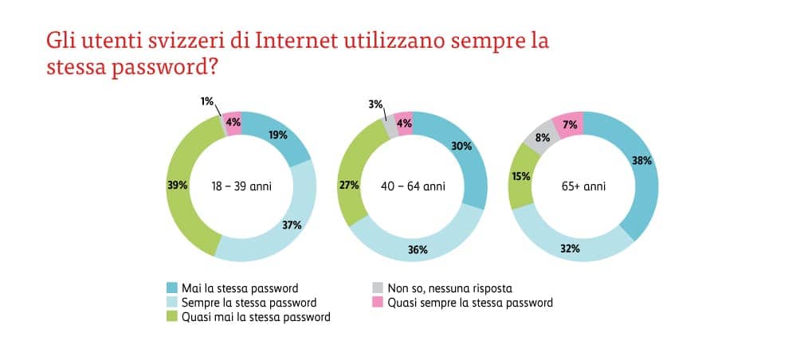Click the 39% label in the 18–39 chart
(178, 186)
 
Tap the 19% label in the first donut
(279, 136)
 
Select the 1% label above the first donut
(206, 102)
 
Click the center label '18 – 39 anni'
(241, 186)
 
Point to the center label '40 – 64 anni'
(412, 186)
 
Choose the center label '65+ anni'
(584, 186)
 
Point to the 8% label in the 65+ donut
(541, 136)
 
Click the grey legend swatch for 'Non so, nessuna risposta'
(378, 288)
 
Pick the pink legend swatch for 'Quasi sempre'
(378, 303)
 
